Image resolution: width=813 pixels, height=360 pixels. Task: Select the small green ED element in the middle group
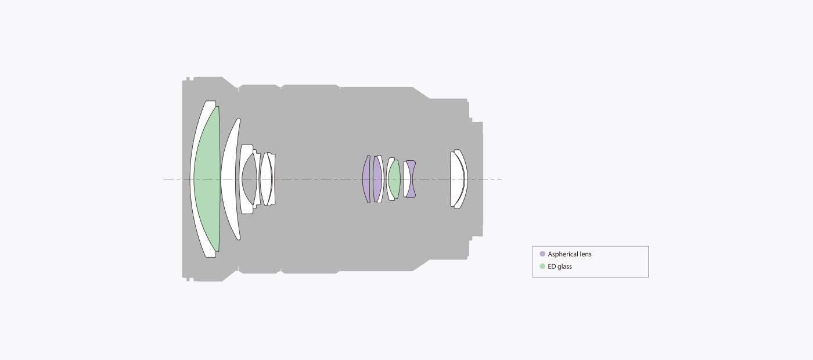(394, 179)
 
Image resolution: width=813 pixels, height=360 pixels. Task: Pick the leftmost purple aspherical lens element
(366, 179)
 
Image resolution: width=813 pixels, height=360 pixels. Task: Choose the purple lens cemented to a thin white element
(377, 179)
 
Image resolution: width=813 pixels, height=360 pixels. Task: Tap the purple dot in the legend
(542, 254)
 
